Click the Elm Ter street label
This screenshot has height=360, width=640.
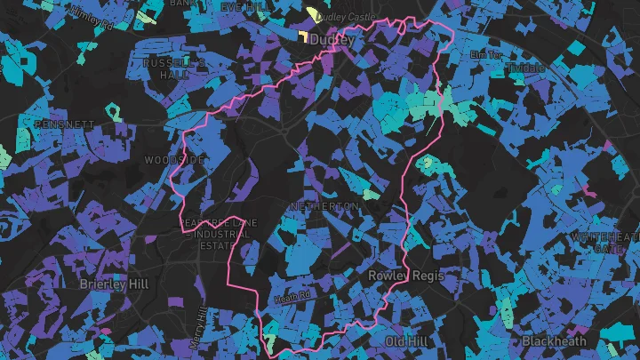pyautogui.click(x=486, y=55)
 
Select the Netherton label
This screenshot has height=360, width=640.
pyautogui.click(x=324, y=206)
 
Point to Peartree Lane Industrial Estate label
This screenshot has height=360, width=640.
pyautogui.click(x=217, y=234)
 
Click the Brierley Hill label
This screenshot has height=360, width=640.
pyautogui.click(x=115, y=283)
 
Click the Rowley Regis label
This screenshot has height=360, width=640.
pyautogui.click(x=405, y=276)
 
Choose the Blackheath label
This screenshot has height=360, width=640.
pyautogui.click(x=554, y=341)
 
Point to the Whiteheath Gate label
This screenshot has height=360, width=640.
pyautogui.click(x=606, y=243)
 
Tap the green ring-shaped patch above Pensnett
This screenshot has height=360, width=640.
pyautogui.click(x=114, y=111)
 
